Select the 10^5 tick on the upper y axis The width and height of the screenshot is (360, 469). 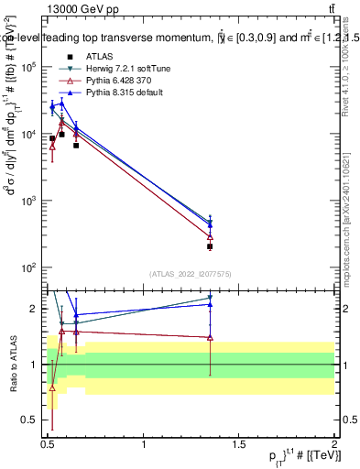coord(30,67)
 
